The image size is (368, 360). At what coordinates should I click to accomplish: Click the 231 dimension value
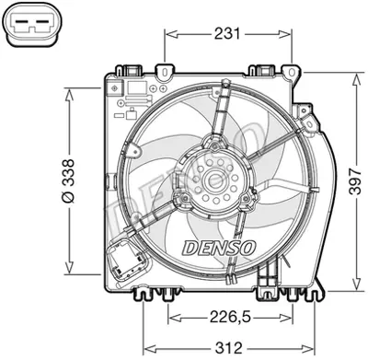click(x=226, y=34)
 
